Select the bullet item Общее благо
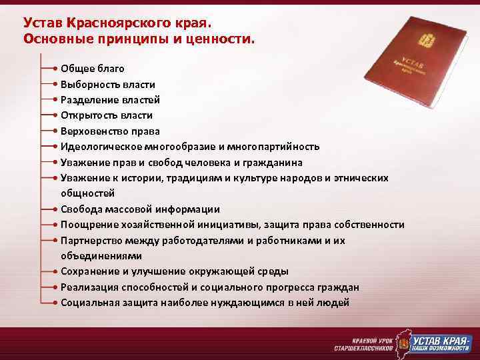(x=92, y=69)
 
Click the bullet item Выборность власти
(x=107, y=85)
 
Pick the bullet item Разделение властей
(x=110, y=100)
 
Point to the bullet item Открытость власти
(x=106, y=115)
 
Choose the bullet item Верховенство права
(x=110, y=131)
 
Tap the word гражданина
(x=273, y=163)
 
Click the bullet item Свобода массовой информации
(x=140, y=209)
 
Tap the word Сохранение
(x=87, y=271)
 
